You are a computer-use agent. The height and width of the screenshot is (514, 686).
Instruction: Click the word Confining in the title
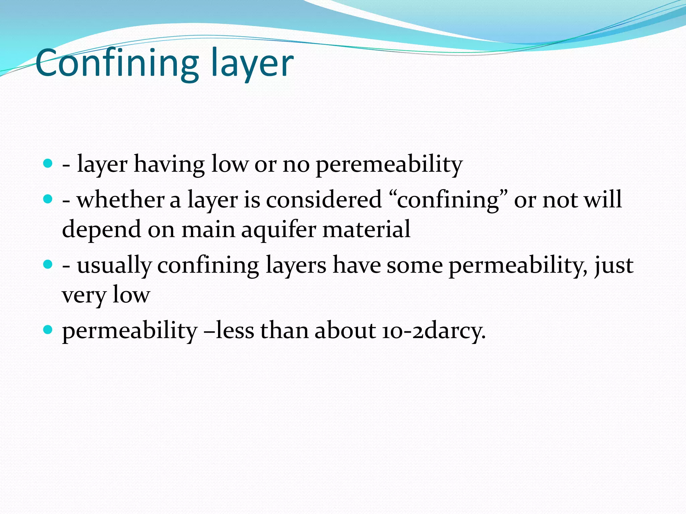pyautogui.click(x=117, y=63)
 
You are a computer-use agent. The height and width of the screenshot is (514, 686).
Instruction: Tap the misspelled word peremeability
pyautogui.click(x=389, y=165)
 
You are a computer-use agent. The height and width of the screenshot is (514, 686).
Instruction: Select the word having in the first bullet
pyautogui.click(x=169, y=165)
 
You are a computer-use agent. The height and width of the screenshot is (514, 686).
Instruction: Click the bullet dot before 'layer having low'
pyautogui.click(x=48, y=164)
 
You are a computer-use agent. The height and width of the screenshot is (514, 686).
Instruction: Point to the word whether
pyautogui.click(x=121, y=200)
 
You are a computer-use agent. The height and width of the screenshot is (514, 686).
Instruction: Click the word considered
pyautogui.click(x=324, y=200)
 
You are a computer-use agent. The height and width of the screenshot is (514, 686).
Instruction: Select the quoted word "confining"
pyautogui.click(x=449, y=200)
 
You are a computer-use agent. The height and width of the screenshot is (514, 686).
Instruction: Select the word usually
pyautogui.click(x=114, y=266)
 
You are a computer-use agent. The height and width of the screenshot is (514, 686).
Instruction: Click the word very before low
pyautogui.click(x=84, y=295)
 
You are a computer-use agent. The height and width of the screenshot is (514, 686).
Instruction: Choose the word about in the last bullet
pyautogui.click(x=345, y=331)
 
